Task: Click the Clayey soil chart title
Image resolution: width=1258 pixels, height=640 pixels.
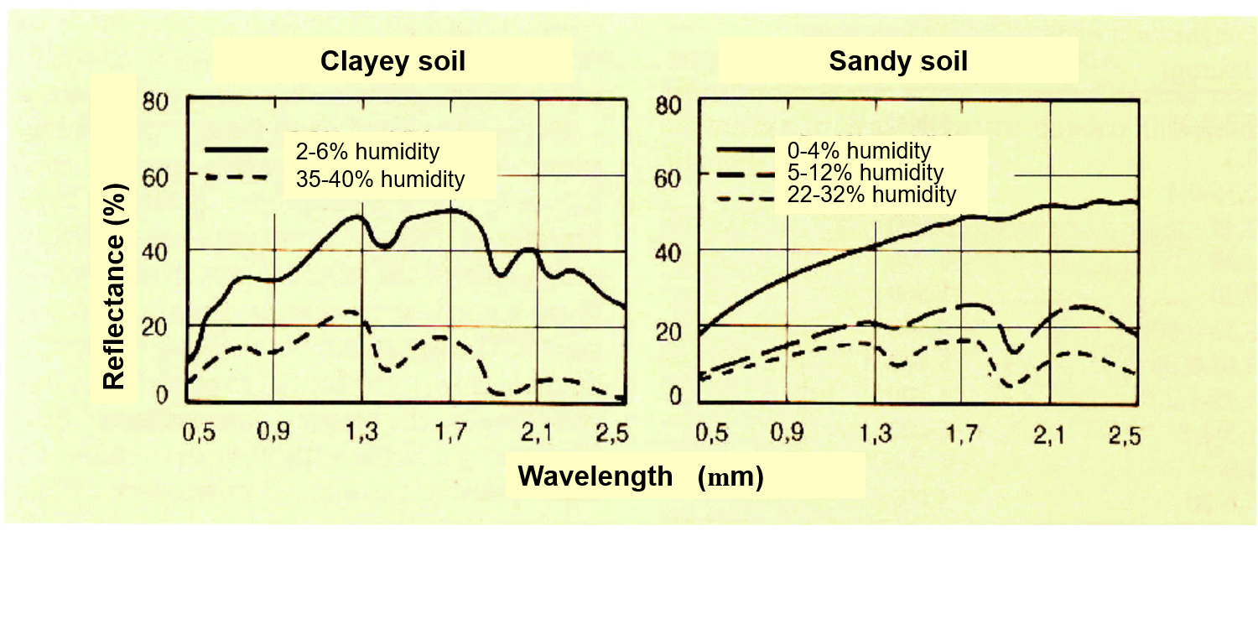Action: pyautogui.click(x=392, y=62)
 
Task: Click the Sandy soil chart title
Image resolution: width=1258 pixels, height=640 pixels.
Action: pyautogui.click(x=898, y=62)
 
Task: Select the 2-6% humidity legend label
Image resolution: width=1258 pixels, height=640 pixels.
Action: pyautogui.click(x=367, y=153)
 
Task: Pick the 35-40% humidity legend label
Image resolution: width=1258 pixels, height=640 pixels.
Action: pyautogui.click(x=380, y=179)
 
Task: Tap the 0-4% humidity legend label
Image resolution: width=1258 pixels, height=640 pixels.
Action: pyautogui.click(x=860, y=152)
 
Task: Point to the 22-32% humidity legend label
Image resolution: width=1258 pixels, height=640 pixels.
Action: pyautogui.click(x=872, y=195)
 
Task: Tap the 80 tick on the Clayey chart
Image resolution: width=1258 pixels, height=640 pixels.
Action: pyautogui.click(x=159, y=102)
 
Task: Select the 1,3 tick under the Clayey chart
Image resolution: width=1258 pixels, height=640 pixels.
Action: pyautogui.click(x=362, y=433)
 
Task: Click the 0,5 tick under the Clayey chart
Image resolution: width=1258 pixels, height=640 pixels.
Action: pyautogui.click(x=199, y=433)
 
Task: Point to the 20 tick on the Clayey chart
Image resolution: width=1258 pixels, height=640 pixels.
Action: pyautogui.click(x=159, y=324)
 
